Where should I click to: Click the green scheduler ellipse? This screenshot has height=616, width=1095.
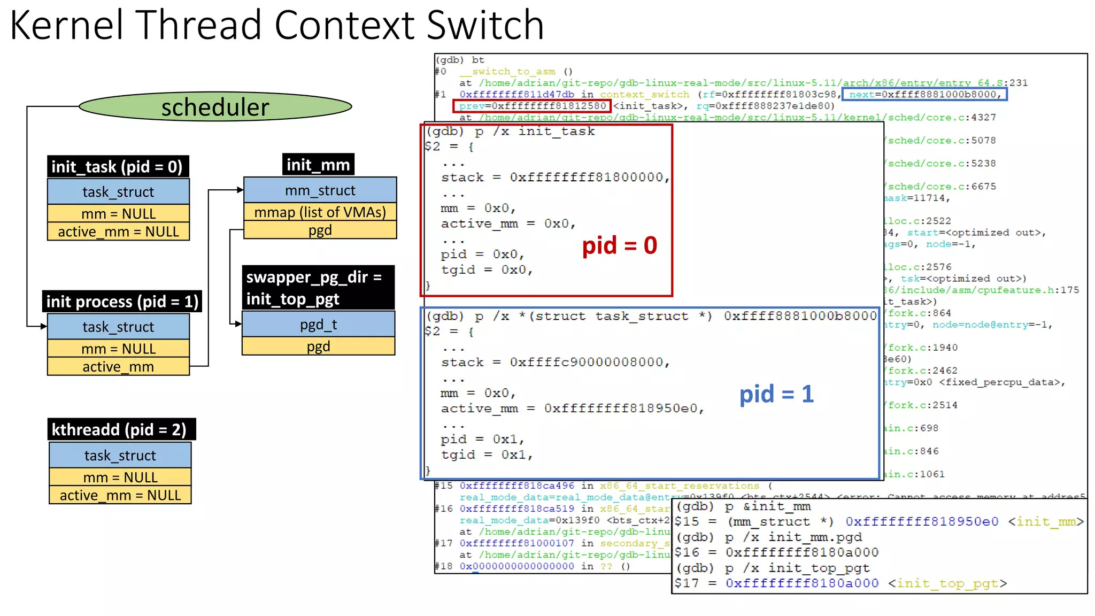pyautogui.click(x=215, y=106)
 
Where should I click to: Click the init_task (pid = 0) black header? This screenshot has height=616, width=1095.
pyautogui.click(x=118, y=167)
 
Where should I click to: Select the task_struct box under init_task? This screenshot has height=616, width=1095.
pyautogui.click(x=118, y=191)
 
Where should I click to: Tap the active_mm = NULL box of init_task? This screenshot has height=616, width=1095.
pyautogui.click(x=118, y=232)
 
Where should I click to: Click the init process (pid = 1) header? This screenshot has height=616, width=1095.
pyautogui.click(x=122, y=302)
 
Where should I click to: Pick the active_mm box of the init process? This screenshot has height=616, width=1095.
pyautogui.click(x=118, y=367)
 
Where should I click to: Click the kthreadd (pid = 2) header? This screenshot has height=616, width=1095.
pyautogui.click(x=121, y=429)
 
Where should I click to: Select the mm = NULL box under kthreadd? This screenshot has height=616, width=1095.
pyautogui.click(x=120, y=477)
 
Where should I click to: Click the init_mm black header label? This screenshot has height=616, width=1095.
pyautogui.click(x=318, y=165)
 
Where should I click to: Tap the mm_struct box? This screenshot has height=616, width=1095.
pyautogui.click(x=320, y=190)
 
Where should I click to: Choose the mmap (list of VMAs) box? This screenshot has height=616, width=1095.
pyautogui.click(x=320, y=212)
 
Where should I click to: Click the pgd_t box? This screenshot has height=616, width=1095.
pyautogui.click(x=318, y=325)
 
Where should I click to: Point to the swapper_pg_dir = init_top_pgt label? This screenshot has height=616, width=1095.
pyautogui.click(x=318, y=288)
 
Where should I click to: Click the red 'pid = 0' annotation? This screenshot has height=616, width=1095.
pyautogui.click(x=619, y=245)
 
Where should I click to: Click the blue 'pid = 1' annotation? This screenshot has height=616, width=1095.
pyautogui.click(x=776, y=394)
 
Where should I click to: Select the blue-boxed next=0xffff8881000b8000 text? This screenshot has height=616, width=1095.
pyautogui.click(x=924, y=95)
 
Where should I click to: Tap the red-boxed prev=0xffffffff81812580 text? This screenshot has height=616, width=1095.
pyautogui.click(x=532, y=106)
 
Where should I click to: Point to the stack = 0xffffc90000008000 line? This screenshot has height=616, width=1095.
pyautogui.click(x=555, y=363)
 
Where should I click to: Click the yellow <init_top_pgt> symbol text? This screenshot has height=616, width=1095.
pyautogui.click(x=947, y=583)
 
